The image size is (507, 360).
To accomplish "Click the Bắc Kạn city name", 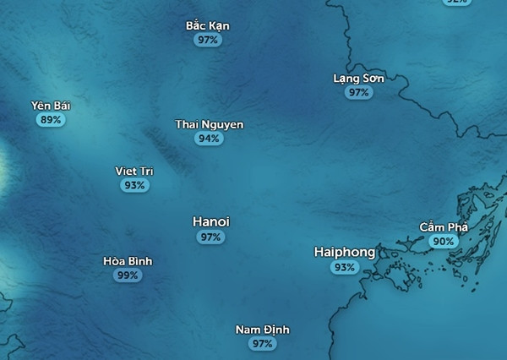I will (207, 25).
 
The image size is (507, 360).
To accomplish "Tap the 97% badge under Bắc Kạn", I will (207, 40).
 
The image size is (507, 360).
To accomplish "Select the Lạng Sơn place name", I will (358, 79).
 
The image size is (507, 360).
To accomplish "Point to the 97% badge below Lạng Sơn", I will (358, 92).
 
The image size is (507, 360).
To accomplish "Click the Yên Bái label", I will (51, 106).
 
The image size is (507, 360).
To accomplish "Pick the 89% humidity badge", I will (51, 120).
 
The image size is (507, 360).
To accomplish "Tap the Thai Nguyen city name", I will (210, 124).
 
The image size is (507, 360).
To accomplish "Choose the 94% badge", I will (209, 139).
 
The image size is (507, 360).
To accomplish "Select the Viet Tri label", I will (134, 171).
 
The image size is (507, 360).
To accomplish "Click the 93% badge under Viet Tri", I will (134, 185).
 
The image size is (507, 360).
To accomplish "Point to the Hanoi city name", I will (211, 221).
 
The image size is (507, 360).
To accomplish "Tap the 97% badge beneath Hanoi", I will (211, 237).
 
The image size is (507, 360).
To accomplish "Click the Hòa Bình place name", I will (128, 261).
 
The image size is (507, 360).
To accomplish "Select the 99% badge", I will (128, 275).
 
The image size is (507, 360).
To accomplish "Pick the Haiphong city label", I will (345, 252).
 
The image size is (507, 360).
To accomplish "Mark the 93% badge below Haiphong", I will (345, 267).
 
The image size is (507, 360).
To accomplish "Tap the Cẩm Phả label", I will (443, 226).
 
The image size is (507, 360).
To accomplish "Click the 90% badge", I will (443, 241).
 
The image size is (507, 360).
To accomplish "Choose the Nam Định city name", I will (262, 330).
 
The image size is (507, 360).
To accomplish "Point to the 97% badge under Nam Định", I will (262, 344).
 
